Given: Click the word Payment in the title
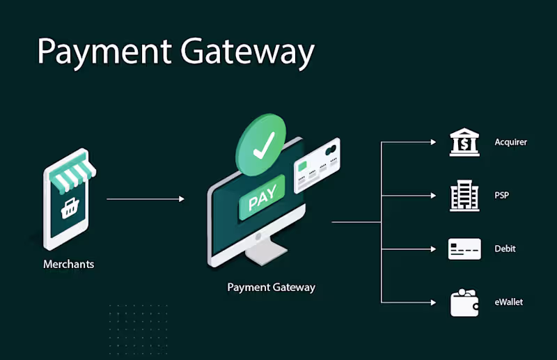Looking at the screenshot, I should [x=97, y=52].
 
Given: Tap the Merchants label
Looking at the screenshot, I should [x=68, y=265].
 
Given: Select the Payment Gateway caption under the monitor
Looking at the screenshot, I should [x=271, y=287].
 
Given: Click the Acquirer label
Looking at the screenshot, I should [x=510, y=142].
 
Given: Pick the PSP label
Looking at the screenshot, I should [x=501, y=195].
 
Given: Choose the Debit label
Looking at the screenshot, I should [x=505, y=249].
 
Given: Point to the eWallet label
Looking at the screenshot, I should [x=508, y=302].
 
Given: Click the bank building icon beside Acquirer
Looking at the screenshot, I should [x=464, y=142].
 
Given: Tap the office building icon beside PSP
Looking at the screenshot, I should [x=464, y=196].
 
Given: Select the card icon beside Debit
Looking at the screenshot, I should [x=464, y=249].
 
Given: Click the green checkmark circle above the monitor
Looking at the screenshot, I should [x=262, y=147].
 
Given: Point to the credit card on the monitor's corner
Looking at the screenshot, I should [x=317, y=165].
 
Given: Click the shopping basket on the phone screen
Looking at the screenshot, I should [x=69, y=208].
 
